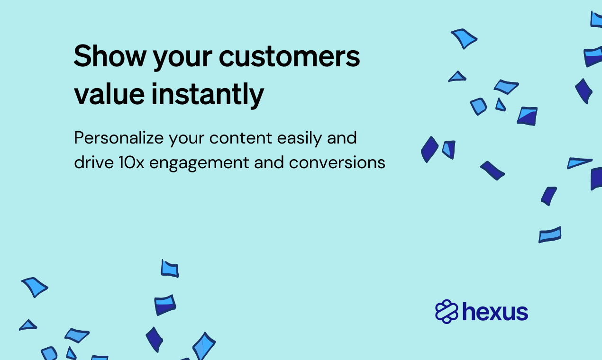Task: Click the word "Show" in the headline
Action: [x=110, y=56]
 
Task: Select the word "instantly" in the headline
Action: [x=208, y=95]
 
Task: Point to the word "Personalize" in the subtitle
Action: [x=119, y=139]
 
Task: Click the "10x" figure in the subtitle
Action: [x=131, y=162]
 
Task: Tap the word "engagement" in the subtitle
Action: [x=199, y=163]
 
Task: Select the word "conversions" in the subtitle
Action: [x=337, y=162]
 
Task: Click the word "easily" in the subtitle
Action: [x=300, y=139]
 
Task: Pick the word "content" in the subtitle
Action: [x=240, y=138]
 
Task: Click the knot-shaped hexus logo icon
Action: [x=447, y=312]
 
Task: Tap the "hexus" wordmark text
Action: [x=495, y=312]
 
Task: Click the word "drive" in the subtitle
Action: [x=94, y=162]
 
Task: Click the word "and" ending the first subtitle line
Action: [x=342, y=138]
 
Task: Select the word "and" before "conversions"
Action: [x=269, y=162]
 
